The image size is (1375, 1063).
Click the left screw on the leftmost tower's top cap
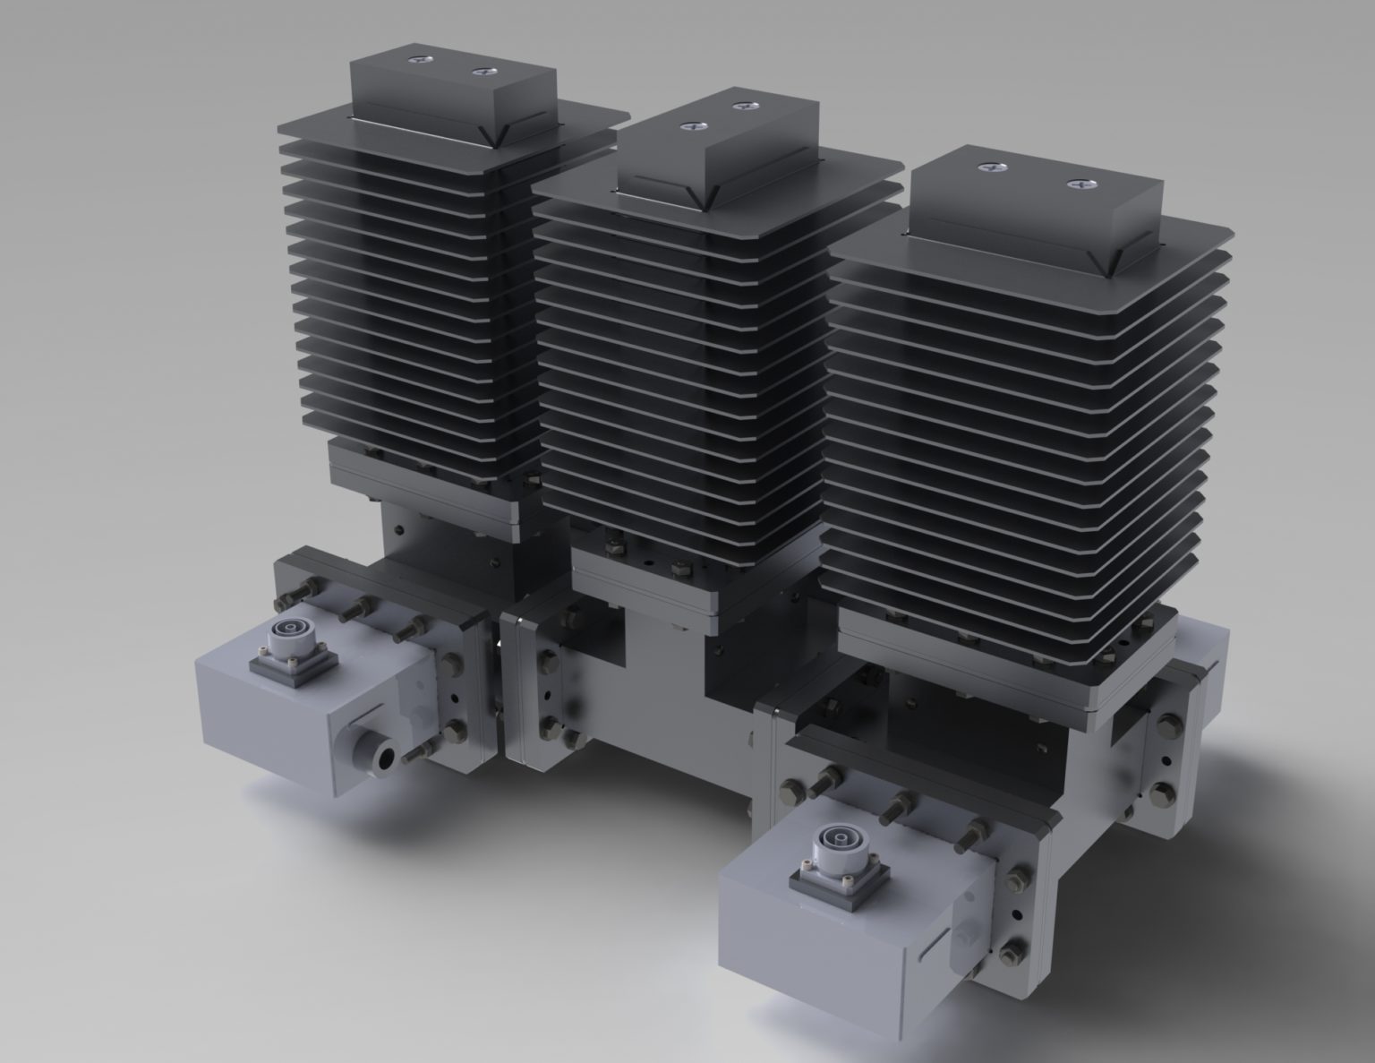pyautogui.click(x=419, y=60)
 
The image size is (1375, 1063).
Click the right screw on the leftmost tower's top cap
pyautogui.click(x=484, y=71)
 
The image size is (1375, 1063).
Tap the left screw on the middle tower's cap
pyautogui.click(x=690, y=126)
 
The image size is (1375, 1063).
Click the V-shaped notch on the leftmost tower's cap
pyautogui.click(x=490, y=134)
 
